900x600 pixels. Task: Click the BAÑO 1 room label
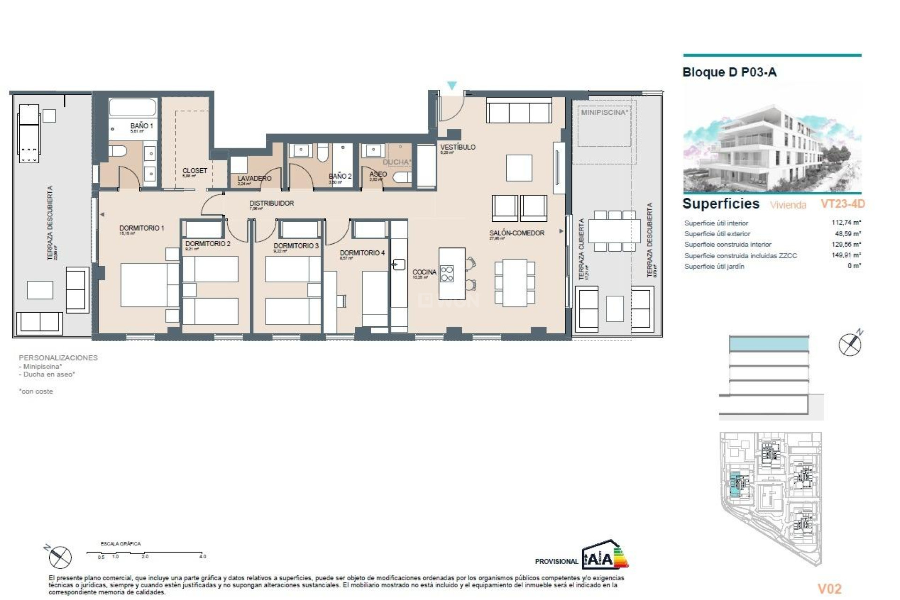pos(141,126)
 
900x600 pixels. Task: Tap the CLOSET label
pos(195,171)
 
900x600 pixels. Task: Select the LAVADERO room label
pos(254,179)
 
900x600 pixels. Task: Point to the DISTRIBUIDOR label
pos(271,203)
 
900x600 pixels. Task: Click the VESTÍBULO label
pos(457,147)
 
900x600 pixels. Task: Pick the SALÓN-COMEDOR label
pos(517,233)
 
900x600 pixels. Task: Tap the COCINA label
pos(424,272)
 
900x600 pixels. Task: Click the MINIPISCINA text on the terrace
pos(604,112)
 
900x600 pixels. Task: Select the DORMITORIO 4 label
pos(362,253)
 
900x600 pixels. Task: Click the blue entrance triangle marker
pos(451,86)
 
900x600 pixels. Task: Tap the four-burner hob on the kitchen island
pos(447,274)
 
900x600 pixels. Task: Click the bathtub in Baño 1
pos(133,108)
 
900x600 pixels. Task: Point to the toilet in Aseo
pos(402,177)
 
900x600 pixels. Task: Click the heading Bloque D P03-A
pos(729,72)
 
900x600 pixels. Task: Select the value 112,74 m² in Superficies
pos(846,223)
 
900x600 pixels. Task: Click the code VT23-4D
pos(842,204)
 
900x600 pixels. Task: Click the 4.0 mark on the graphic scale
pos(202,556)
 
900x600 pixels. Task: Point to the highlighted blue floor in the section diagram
pos(769,345)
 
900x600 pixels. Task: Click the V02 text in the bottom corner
pos(829,588)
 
